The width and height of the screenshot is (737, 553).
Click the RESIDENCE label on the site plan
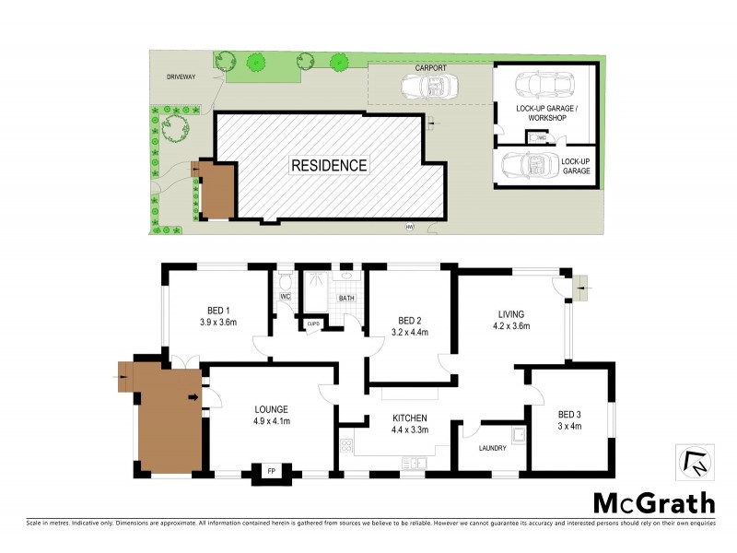(x=329, y=166)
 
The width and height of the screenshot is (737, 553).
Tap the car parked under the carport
(x=427, y=87)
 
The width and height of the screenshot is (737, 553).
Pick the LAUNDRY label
(x=494, y=449)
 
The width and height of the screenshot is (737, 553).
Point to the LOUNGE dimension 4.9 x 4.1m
(x=272, y=421)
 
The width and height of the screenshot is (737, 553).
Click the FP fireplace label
(x=271, y=472)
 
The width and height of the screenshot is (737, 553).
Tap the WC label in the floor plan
(x=286, y=297)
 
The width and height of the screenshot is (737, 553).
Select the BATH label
(x=346, y=299)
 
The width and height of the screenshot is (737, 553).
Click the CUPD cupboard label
(x=313, y=323)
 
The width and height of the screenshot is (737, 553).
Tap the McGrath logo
(x=653, y=502)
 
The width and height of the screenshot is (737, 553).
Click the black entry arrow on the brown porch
(x=193, y=398)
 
